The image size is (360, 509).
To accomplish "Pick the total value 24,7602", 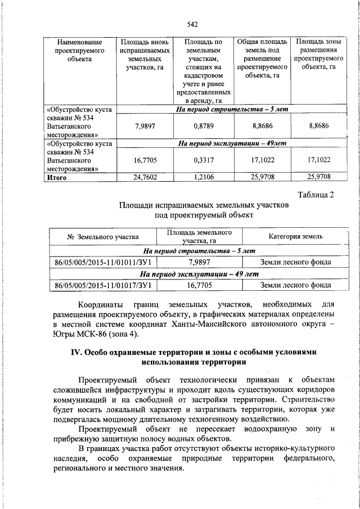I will (x=145, y=178).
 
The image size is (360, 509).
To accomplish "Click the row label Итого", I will (x=57, y=178).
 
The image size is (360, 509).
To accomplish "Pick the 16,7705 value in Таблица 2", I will (x=200, y=285).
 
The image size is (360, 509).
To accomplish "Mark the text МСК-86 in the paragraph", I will (x=87, y=334).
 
